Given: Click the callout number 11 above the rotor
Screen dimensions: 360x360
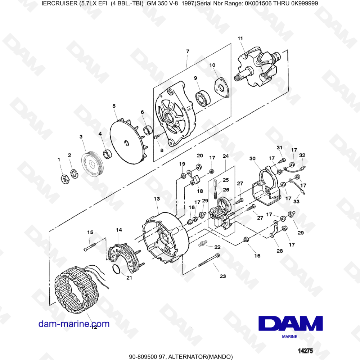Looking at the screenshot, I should pyautogui.click(x=240, y=38).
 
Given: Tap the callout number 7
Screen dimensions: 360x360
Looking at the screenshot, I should pyautogui.click(x=187, y=51).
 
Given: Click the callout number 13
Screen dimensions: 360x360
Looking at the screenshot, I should pyautogui.click(x=156, y=199).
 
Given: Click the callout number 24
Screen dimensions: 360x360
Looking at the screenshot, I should pyautogui.click(x=226, y=156).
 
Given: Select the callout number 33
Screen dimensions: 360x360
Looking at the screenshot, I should pyautogui.click(x=296, y=202).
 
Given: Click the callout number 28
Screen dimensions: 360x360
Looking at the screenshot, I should pyautogui.click(x=279, y=251).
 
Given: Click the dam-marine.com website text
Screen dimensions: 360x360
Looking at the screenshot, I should pyautogui.click(x=74, y=324).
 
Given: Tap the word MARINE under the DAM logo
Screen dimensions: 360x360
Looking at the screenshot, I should pyautogui.click(x=289, y=337).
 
